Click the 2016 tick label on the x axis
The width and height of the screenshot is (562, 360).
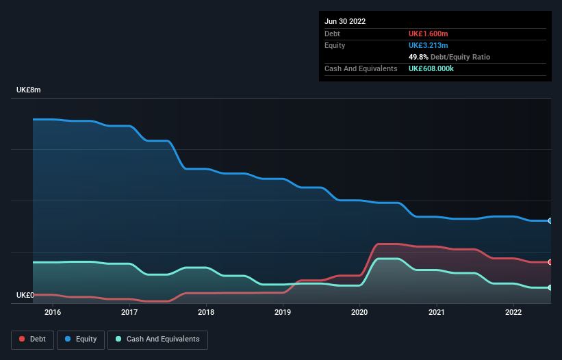(53, 312)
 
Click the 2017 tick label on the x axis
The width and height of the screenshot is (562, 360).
(129, 312)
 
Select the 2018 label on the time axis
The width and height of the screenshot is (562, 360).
(206, 312)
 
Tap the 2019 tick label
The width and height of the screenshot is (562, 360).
(283, 312)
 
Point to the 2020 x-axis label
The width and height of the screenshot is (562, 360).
(359, 312)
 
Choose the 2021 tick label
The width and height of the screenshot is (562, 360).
(436, 312)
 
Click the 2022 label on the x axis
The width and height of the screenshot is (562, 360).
(513, 312)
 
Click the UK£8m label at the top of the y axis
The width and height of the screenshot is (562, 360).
(29, 90)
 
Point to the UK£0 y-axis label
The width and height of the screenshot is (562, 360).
(25, 295)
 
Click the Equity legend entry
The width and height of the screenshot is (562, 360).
(80, 339)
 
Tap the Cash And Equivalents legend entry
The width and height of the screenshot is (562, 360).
(157, 339)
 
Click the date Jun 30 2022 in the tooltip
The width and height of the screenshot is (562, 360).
(345, 21)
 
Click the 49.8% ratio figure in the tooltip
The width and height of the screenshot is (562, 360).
(419, 57)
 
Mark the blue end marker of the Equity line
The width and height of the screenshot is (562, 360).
(550, 221)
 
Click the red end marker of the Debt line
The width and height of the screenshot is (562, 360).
(550, 262)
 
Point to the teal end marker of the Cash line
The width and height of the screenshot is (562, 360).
(550, 287)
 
